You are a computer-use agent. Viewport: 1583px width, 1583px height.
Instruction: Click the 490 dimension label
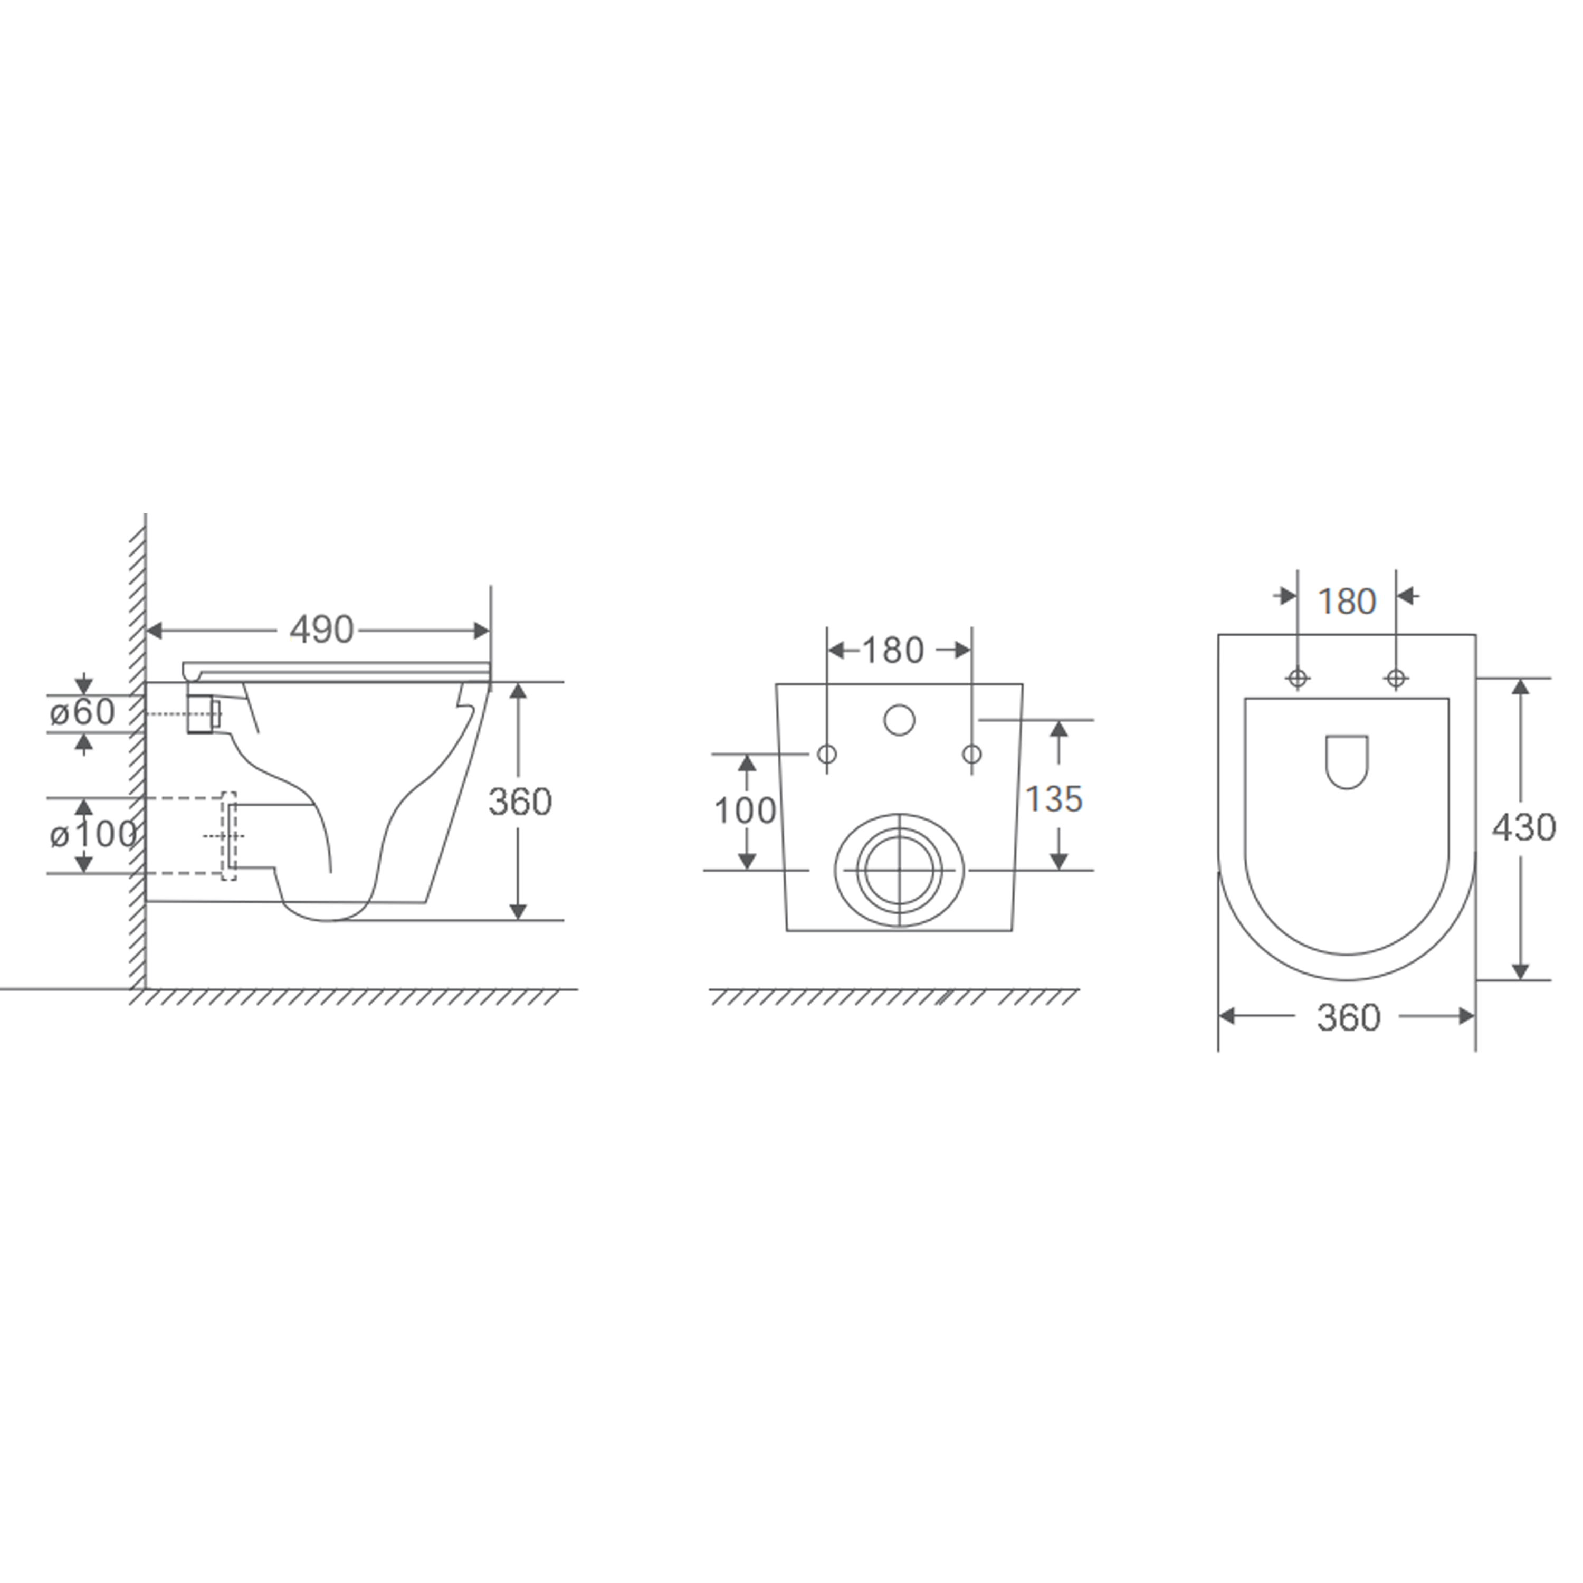point(321,630)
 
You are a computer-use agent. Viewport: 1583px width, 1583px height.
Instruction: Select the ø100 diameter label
point(92,834)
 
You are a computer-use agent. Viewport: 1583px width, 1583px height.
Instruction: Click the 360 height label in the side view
point(520,802)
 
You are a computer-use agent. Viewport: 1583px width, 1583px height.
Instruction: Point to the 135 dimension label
point(1054,799)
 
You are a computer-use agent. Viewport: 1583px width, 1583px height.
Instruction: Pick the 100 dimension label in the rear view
point(745,810)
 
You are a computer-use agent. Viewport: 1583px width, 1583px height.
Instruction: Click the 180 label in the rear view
point(893,651)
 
